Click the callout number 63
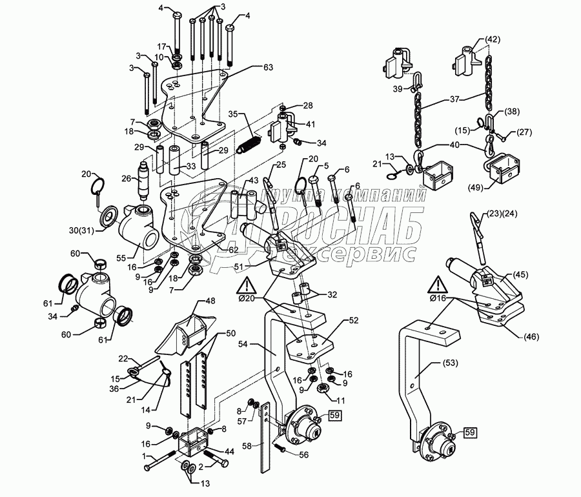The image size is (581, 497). click(269, 66)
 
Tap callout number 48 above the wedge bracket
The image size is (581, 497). click(210, 301)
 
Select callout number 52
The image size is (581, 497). click(354, 321)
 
